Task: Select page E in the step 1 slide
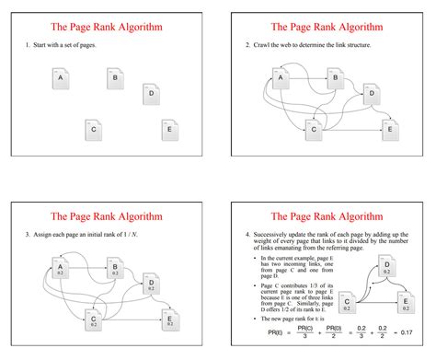pos(170,130)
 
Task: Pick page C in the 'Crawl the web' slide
pos(314,130)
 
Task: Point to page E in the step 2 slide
pos(390,130)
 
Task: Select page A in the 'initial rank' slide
pos(61,270)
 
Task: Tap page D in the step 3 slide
pos(150,285)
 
